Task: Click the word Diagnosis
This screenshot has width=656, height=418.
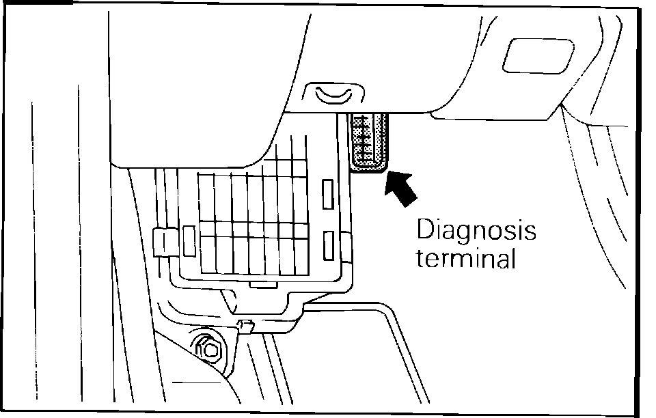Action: [477, 232]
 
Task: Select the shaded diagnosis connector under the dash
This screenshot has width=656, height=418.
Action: [369, 141]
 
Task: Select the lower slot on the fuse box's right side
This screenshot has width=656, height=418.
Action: [328, 245]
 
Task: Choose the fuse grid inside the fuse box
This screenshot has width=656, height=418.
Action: [253, 219]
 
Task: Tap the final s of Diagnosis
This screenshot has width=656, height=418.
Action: [530, 232]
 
